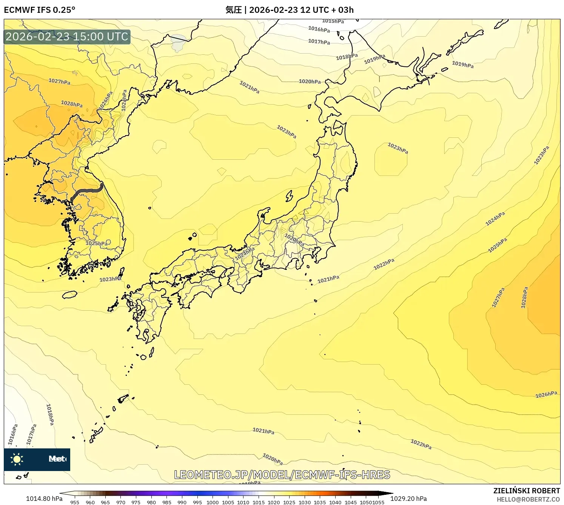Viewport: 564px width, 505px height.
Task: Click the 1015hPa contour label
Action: point(333,21)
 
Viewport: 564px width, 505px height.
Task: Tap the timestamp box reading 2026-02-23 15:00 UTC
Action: point(67,37)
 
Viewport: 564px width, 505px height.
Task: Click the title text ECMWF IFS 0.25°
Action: point(40,10)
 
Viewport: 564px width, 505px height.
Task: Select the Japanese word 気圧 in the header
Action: point(233,10)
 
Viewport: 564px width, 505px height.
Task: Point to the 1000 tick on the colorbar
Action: point(213,502)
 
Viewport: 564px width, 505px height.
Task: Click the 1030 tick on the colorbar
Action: point(305,502)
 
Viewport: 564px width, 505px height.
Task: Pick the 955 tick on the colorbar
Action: point(75,502)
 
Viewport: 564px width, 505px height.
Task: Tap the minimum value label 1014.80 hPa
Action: point(44,499)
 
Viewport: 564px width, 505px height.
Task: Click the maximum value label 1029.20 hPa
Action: point(408,499)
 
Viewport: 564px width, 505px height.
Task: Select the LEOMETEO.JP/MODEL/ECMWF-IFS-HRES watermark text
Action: point(282,475)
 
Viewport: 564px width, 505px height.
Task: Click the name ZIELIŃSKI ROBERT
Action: point(527,491)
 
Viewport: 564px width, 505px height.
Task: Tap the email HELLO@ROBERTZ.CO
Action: point(528,499)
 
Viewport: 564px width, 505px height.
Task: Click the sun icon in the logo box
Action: point(17,459)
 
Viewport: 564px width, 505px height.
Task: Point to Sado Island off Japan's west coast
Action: point(289,196)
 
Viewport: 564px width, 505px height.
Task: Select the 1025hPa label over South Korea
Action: point(97,243)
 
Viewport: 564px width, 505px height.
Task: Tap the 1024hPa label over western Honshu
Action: point(245,253)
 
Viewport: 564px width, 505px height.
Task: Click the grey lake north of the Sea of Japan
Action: point(178,43)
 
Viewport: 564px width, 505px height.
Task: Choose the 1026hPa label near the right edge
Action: point(546,394)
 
